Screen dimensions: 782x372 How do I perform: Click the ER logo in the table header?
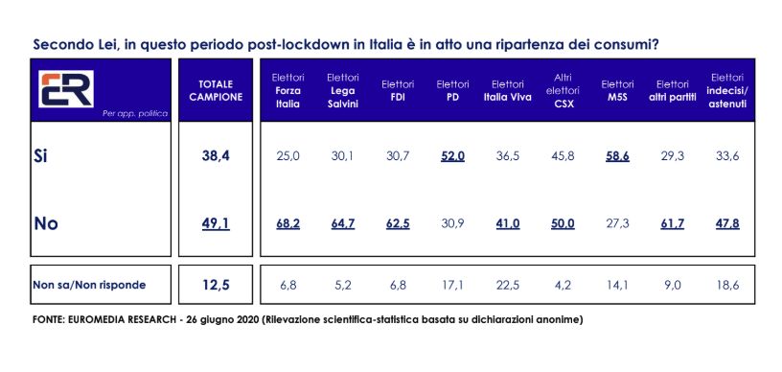pos(66,89)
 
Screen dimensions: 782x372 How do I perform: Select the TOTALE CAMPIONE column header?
pos(217,90)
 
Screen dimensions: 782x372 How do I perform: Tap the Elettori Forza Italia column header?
pos(287,91)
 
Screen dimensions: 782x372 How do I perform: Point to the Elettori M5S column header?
pos(617,91)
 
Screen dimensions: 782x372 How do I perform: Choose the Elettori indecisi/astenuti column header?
pos(726,91)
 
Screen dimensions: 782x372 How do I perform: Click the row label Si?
pos(41,156)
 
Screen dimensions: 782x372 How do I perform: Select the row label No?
pos(46,223)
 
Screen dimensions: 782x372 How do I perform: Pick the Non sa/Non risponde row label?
pos(89,286)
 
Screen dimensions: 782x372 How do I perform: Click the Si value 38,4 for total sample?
pos(217,156)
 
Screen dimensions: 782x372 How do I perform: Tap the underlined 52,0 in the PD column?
pos(453,156)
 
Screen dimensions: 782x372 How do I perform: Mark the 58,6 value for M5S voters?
pos(617,156)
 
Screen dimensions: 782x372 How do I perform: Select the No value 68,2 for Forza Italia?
pos(287,224)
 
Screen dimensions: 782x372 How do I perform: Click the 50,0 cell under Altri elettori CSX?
pos(563,224)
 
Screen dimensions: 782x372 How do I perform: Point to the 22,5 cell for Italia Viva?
pos(508,286)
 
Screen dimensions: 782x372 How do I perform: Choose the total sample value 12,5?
pos(217,286)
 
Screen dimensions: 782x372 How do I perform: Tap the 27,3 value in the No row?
pos(617,224)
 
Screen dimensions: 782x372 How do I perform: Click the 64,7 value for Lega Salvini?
pos(343,224)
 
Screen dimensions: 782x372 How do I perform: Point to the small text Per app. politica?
pos(135,114)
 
